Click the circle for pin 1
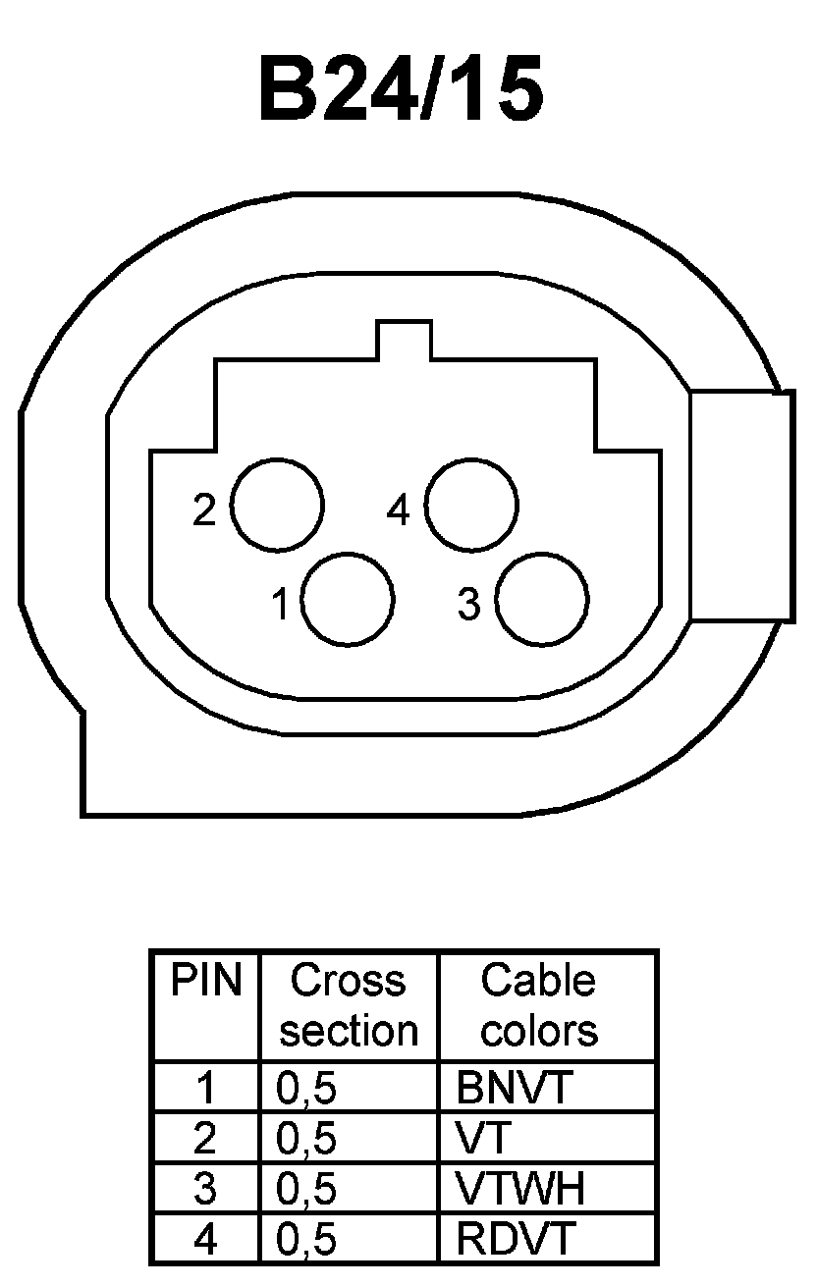(348, 600)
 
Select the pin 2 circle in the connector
(277, 504)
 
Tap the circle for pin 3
(541, 600)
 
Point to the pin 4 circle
(470, 504)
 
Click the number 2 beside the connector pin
(204, 510)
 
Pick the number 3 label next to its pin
(469, 605)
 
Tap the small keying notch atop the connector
(404, 340)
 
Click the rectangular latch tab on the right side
(741, 506)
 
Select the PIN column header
(206, 981)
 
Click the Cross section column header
(349, 1005)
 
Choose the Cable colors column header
(538, 1005)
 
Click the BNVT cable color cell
(514, 1088)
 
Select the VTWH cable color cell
(520, 1189)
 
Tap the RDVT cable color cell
(514, 1240)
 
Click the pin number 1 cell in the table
(205, 1088)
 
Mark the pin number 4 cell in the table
(205, 1240)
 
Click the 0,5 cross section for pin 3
(306, 1189)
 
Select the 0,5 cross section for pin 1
(306, 1088)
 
